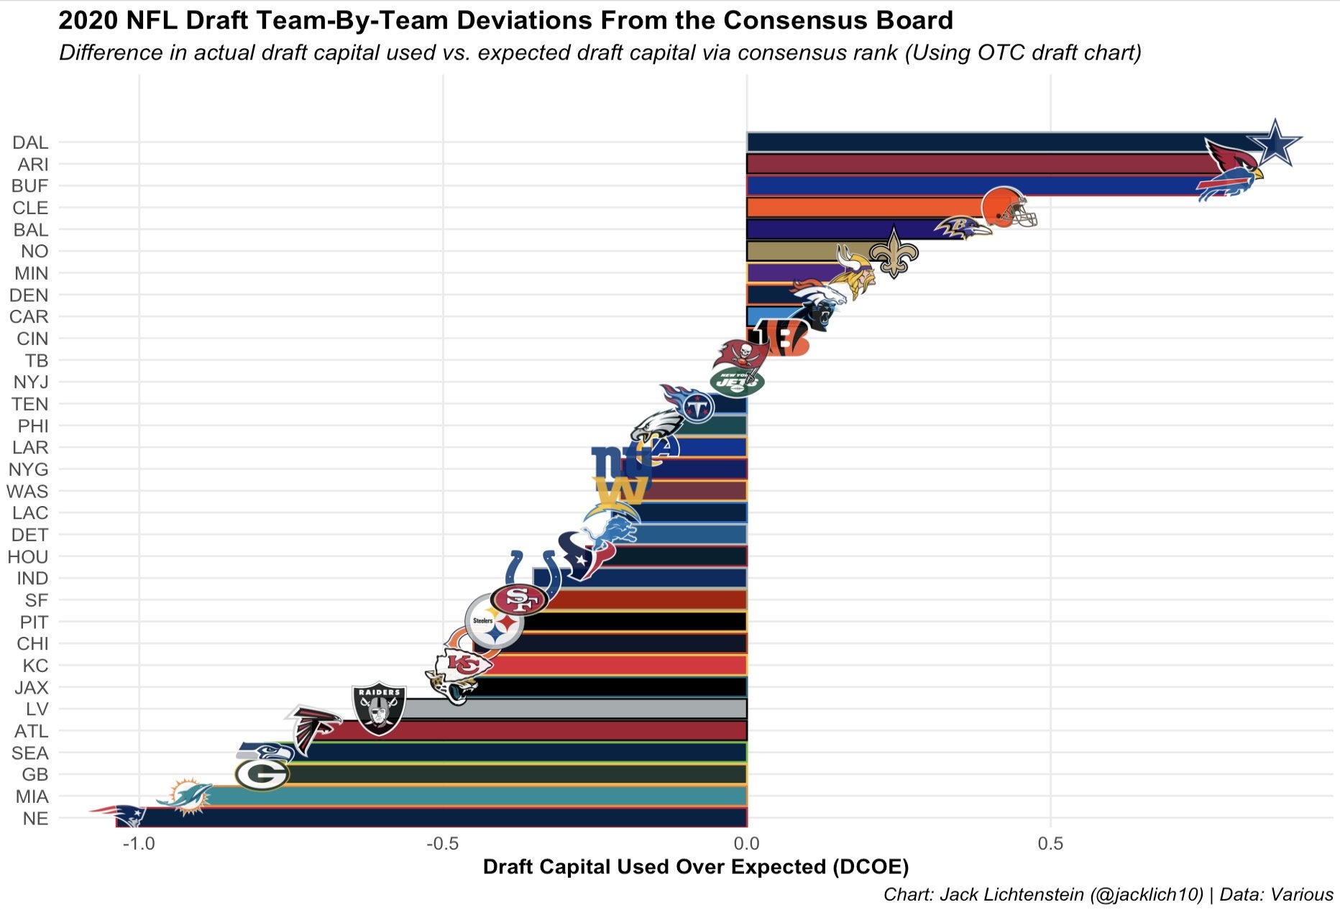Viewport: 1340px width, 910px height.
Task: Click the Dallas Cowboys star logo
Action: click(1274, 144)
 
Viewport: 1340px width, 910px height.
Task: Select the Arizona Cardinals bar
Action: click(970, 164)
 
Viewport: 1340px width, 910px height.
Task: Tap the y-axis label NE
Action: click(35, 818)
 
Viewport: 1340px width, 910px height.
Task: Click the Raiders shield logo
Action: click(379, 708)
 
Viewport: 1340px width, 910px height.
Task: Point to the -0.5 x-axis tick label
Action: click(442, 843)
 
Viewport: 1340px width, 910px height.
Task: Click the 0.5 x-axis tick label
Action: click(1050, 843)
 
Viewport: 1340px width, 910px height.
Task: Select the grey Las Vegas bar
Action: click(575, 709)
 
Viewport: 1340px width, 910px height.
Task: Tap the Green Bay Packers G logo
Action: click(262, 775)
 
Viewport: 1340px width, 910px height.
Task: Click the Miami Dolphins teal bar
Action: click(474, 796)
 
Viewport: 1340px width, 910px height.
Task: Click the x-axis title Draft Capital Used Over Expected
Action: click(695, 867)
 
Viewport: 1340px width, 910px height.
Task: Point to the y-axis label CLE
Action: click(30, 208)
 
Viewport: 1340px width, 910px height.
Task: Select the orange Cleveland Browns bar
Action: click(863, 207)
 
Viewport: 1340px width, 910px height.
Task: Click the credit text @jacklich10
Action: click(1146, 895)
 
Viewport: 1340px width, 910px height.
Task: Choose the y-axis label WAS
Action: click(27, 491)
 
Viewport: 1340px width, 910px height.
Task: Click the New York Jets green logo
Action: click(737, 381)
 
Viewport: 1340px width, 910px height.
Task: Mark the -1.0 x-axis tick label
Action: click(138, 843)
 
